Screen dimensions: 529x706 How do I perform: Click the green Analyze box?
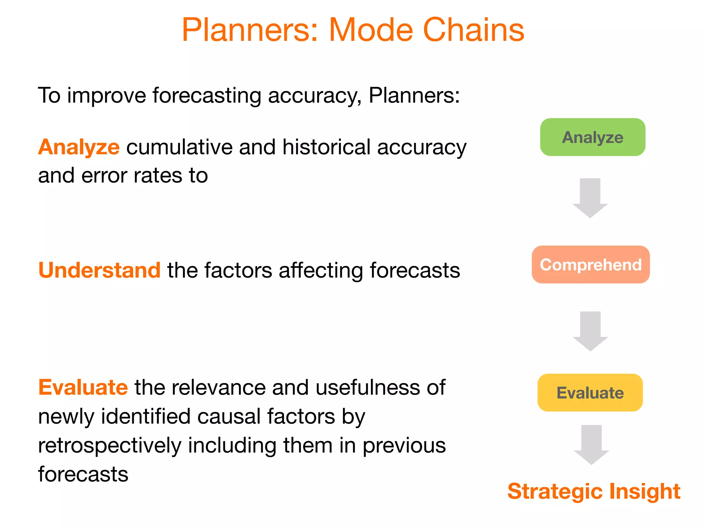[x=593, y=137]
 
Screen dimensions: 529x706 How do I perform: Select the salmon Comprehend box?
[x=591, y=264]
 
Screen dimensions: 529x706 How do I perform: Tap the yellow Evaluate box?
[x=590, y=393]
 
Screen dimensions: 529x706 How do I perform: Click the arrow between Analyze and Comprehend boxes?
[x=590, y=198]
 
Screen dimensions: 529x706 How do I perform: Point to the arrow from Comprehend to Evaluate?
[x=590, y=331]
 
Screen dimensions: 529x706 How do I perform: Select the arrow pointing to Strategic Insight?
[x=591, y=444]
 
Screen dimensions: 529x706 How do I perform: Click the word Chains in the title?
[x=473, y=30]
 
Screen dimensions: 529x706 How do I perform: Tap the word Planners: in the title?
[x=250, y=30]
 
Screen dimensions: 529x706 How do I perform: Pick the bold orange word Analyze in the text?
[x=79, y=147]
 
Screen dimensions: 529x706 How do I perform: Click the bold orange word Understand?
[x=99, y=270]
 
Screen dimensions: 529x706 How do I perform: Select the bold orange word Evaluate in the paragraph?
[x=83, y=387]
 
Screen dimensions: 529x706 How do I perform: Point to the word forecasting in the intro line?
[x=206, y=95]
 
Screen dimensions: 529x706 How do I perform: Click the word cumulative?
[x=179, y=147]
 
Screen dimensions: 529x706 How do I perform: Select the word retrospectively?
[x=110, y=445]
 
